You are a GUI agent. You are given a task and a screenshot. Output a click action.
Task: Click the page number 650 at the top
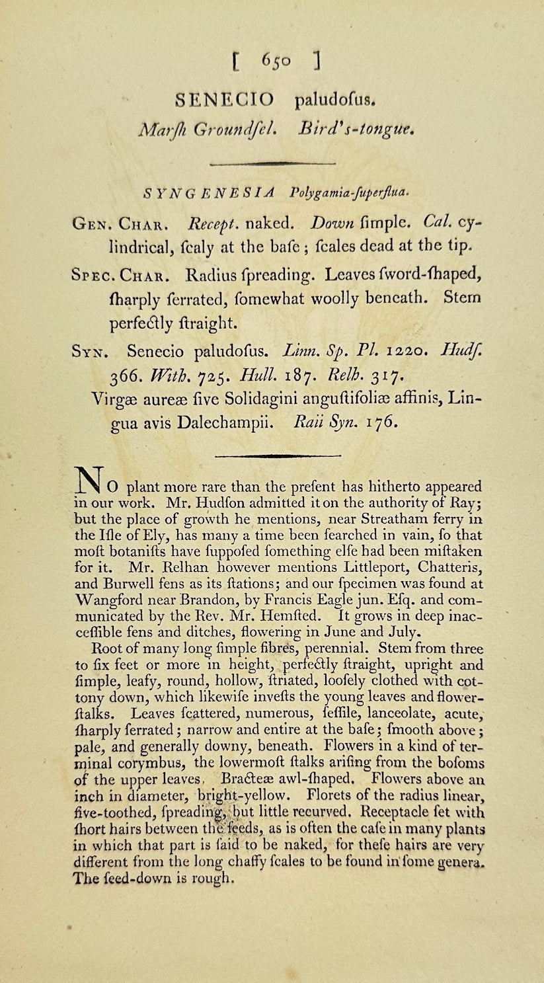[x=276, y=60]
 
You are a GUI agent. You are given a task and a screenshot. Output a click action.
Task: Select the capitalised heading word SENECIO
[x=224, y=100]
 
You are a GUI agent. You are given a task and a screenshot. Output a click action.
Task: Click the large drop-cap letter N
[x=89, y=481]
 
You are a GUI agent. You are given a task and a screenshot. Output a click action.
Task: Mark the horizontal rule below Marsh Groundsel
[x=272, y=162]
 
